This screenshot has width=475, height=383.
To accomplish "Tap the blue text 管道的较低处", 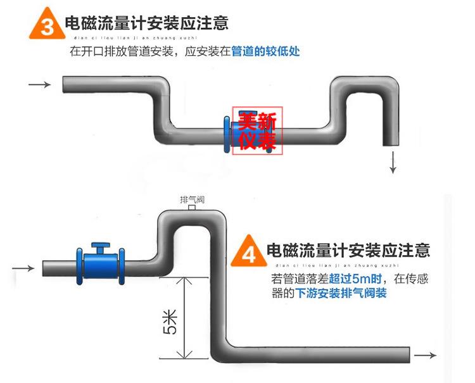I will click(x=267, y=51).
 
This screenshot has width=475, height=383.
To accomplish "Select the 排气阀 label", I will click(x=192, y=200).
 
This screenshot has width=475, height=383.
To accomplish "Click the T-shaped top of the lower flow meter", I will click(x=100, y=245).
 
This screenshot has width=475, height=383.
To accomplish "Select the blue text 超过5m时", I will click(x=350, y=279).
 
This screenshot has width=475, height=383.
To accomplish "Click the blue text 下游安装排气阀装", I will click(x=341, y=294).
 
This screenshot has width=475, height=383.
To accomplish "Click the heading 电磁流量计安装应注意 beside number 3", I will click(x=146, y=23).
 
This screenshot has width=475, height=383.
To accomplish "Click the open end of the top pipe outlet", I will click(x=393, y=144).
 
